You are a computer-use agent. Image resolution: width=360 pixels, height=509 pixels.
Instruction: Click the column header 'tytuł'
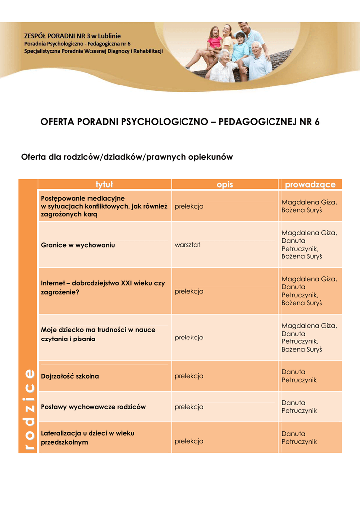pyautogui.click(x=104, y=185)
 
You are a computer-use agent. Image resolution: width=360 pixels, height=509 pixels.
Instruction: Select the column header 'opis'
pyautogui.click(x=225, y=185)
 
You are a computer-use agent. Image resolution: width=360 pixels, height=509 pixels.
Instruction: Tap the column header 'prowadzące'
pyautogui.click(x=310, y=185)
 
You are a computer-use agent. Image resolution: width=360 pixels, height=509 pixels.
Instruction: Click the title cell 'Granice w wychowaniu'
pyautogui.click(x=78, y=245)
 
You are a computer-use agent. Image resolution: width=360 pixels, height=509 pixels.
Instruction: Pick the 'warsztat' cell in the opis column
pyautogui.click(x=187, y=245)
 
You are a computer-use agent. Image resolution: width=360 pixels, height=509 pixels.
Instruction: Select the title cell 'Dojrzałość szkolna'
pyautogui.click(x=70, y=376)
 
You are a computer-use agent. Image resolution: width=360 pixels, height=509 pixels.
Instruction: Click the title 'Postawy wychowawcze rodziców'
pyautogui.click(x=93, y=407)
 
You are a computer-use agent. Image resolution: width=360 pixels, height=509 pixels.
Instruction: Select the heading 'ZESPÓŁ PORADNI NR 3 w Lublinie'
pyautogui.click(x=73, y=36)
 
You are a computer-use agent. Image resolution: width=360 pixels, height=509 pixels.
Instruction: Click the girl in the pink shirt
pyautogui.click(x=215, y=39)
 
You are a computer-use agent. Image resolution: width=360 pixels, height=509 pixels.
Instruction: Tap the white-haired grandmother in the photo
pyautogui.click(x=223, y=66)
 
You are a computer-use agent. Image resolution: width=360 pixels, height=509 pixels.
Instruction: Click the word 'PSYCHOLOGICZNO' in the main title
pyautogui.click(x=161, y=122)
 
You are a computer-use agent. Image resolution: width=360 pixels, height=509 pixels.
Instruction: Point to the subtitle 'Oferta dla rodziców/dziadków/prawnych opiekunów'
pyautogui.click(x=127, y=157)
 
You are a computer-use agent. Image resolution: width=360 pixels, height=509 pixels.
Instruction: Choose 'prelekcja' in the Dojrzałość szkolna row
pyautogui.click(x=189, y=376)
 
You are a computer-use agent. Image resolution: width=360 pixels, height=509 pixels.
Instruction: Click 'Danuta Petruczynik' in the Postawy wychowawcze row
pyautogui.click(x=299, y=407)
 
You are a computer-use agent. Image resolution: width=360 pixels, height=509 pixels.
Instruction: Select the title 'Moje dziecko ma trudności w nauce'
pyautogui.click(x=98, y=330)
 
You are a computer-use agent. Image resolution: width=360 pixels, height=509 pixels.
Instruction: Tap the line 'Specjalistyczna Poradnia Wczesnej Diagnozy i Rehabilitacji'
pyautogui.click(x=93, y=51)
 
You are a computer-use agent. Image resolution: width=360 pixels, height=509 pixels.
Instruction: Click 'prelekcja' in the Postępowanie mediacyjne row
pyautogui.click(x=189, y=206)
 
